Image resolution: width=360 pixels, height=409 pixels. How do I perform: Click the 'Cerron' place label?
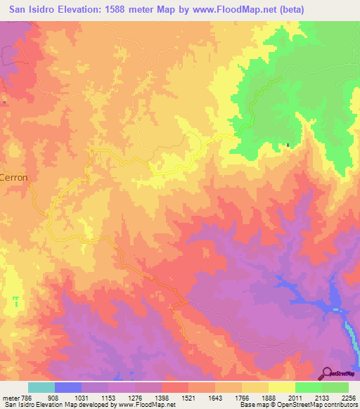pos(14,178)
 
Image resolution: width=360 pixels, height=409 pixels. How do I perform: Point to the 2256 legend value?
pos(347,397)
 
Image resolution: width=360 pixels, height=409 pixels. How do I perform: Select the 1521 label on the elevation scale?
pos(188,397)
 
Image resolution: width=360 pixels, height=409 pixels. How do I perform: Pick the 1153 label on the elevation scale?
pos(108,397)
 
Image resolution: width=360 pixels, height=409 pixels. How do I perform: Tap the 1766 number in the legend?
pos(241,397)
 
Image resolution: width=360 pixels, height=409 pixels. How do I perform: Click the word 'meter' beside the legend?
pos(9,397)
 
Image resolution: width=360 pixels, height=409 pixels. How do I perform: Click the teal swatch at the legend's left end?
pos(41,387)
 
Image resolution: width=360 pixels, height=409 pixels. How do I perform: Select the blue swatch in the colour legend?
pos(68,387)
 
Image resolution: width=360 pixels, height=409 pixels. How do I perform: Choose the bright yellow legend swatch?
pos(281,387)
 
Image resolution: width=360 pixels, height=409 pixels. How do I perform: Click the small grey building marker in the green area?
pos(288,146)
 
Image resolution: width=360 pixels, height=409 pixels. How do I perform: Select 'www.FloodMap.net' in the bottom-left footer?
pos(147,405)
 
